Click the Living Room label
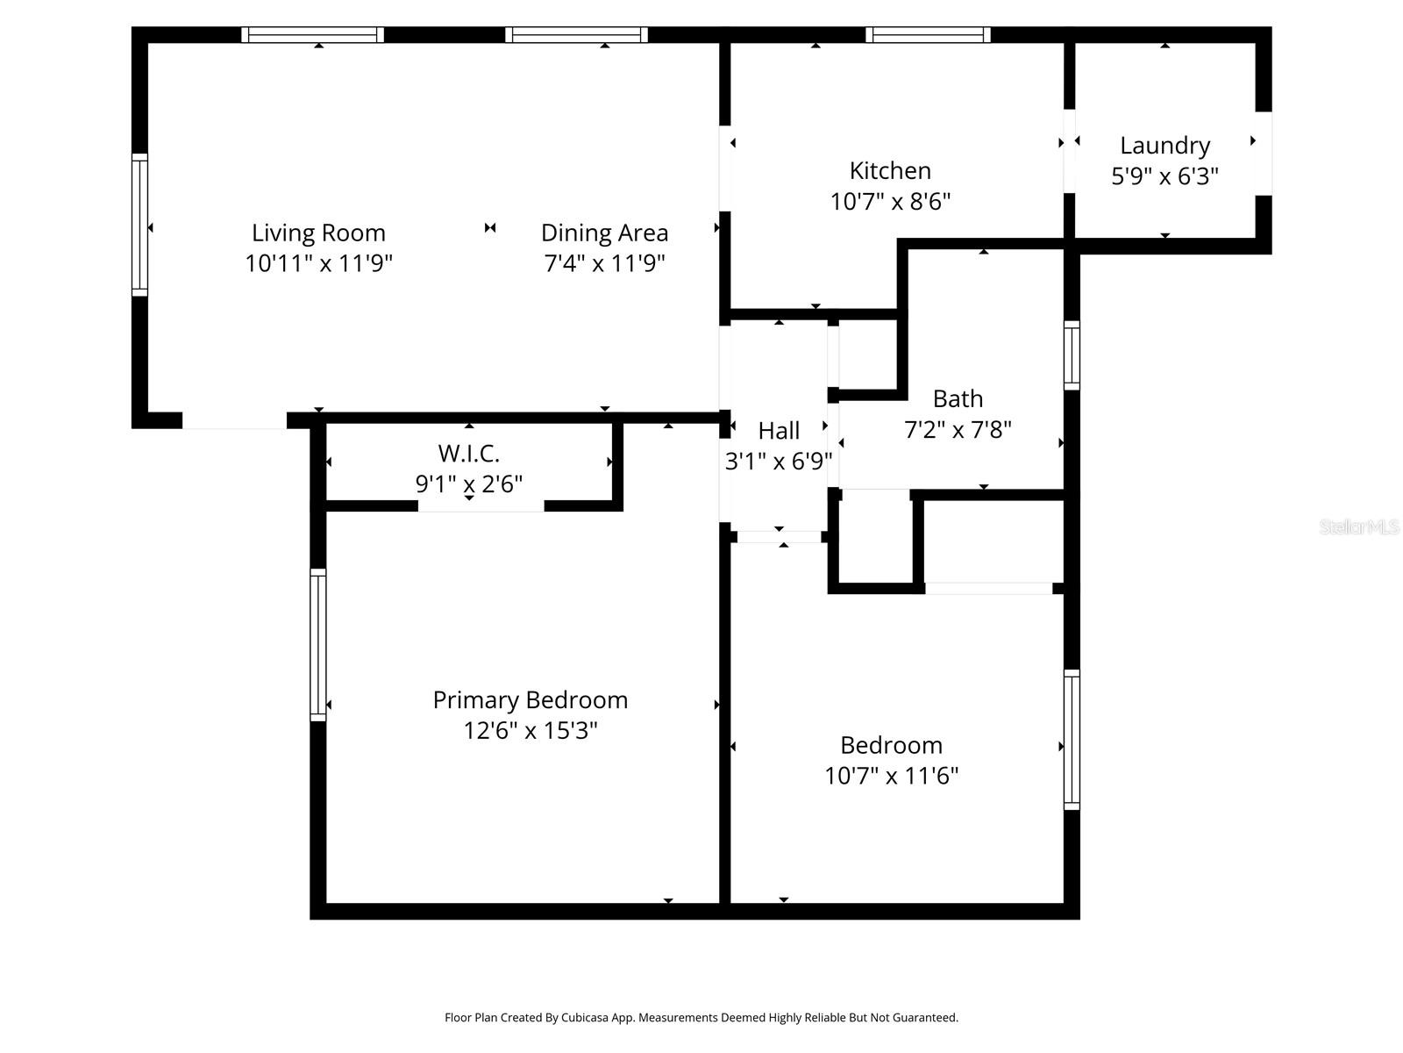click(x=318, y=233)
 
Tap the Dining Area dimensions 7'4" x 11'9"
click(x=604, y=263)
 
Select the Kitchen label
click(x=890, y=170)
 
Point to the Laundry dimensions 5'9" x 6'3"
click(x=1164, y=176)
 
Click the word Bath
click(x=958, y=398)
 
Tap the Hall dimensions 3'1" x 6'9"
click(x=779, y=461)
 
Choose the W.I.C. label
click(x=468, y=454)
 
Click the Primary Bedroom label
click(x=530, y=699)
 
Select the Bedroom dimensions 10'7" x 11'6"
click(x=891, y=776)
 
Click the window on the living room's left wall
click(x=139, y=225)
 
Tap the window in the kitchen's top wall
click(x=928, y=35)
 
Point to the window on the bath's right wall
click(x=1072, y=355)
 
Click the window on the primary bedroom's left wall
click(x=318, y=645)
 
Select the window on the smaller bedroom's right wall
click(x=1072, y=739)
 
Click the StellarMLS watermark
click(x=1359, y=527)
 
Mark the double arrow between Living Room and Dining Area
click(x=490, y=228)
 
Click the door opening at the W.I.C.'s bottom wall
click(x=481, y=506)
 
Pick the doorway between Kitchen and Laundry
click(x=1069, y=150)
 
